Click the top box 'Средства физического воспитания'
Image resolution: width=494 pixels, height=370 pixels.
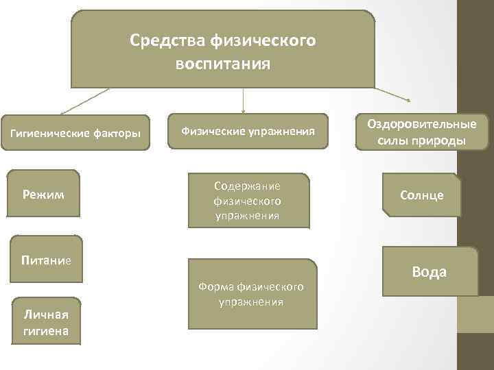[x=223, y=49]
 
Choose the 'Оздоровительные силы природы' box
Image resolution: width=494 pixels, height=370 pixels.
[x=421, y=132]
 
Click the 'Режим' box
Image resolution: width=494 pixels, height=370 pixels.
[x=43, y=195]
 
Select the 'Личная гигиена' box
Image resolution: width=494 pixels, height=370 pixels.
[x=45, y=321]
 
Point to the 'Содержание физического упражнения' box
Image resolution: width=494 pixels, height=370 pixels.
[x=248, y=200]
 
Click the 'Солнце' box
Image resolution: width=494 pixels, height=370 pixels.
[x=422, y=195]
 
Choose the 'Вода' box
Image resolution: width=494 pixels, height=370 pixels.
[x=429, y=271]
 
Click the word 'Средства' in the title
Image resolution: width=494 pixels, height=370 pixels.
[x=162, y=40]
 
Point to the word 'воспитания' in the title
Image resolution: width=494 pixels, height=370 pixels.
[x=223, y=64]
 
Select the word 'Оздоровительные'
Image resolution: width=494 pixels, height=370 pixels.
[x=421, y=125]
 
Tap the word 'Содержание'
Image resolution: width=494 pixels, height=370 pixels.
[x=248, y=186]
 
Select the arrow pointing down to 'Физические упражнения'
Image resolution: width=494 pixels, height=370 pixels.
[x=243, y=100]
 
